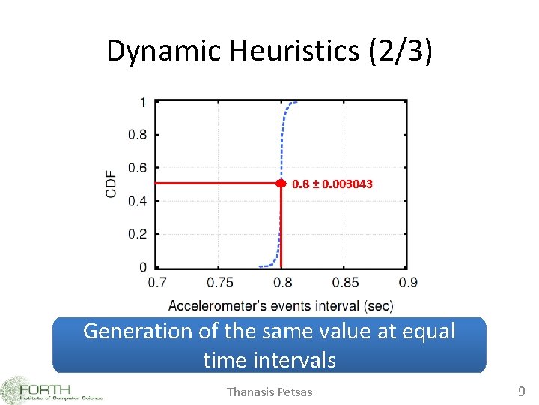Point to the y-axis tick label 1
point(143,102)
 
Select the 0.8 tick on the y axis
point(138,135)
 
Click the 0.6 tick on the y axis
point(138,168)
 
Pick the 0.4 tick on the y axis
point(138,201)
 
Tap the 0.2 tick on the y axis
point(138,234)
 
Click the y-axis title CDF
point(112,184)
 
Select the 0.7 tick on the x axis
point(157,283)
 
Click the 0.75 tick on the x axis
point(219,283)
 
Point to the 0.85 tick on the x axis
point(345,283)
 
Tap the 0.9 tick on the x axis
point(408,283)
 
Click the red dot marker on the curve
point(281,183)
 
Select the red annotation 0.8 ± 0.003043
point(332,184)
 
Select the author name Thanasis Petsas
point(269,391)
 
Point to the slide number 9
point(522,391)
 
